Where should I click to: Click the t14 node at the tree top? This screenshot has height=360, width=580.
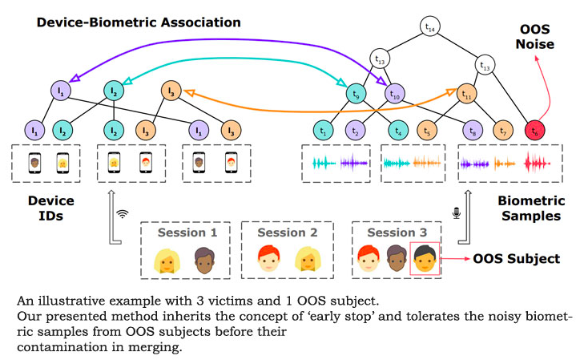[430, 28]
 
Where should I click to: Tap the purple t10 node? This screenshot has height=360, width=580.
[394, 93]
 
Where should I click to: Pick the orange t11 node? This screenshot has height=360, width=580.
[467, 93]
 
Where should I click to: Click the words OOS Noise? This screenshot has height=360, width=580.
[534, 37]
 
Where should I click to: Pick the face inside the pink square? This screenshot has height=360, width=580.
[425, 258]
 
